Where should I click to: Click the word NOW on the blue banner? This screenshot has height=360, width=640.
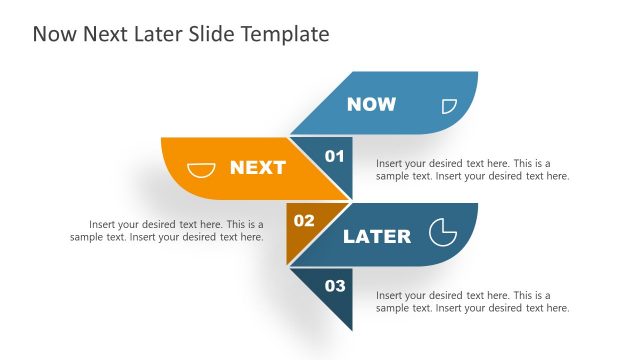coord(371,104)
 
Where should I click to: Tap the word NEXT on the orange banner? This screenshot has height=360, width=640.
coord(258,168)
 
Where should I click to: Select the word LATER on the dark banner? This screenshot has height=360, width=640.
coord(377,237)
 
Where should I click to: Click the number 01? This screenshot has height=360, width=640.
coord(335,156)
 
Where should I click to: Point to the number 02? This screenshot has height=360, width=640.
coord(304,220)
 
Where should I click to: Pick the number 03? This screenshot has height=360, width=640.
coord(335,286)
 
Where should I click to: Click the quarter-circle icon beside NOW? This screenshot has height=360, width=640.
coord(449,105)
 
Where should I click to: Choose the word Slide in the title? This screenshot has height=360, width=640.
coord(215,35)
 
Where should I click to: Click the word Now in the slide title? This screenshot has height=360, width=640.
coord(52,35)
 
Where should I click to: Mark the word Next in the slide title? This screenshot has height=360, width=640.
coord(103,35)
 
